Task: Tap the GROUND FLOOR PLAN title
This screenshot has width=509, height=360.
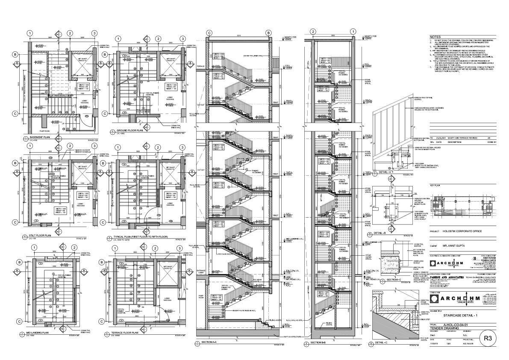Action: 129,130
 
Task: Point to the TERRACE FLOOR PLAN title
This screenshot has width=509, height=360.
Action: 127,332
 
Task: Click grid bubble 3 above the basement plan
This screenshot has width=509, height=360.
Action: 94,33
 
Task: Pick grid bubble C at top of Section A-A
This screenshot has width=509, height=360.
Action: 209,33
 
